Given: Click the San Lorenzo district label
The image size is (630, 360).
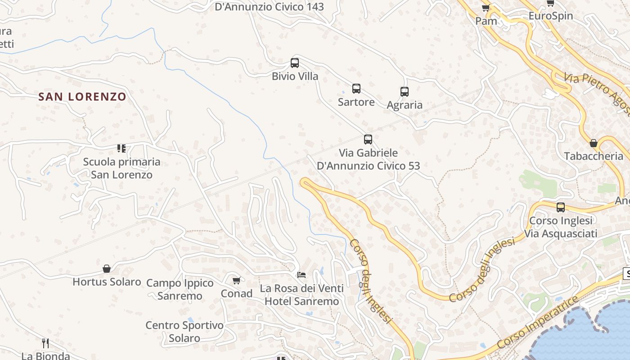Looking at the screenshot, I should tap(82, 97).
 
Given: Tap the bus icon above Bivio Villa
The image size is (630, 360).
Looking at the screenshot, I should tap(295, 63).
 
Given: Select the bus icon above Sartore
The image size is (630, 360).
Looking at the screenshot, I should tap(356, 89).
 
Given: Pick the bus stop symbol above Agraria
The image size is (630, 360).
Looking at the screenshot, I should tap(405, 92).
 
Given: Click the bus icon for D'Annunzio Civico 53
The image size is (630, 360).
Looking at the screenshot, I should tap(368, 139).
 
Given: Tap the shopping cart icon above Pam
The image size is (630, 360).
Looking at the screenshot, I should tap(486, 8).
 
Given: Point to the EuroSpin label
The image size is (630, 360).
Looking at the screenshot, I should tap(550, 16).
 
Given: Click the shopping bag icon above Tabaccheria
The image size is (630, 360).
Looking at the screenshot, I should tap(594, 143).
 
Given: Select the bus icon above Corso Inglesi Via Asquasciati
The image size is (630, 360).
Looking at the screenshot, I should tap(561, 207).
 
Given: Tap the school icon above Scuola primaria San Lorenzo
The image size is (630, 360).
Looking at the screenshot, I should tap(121, 148).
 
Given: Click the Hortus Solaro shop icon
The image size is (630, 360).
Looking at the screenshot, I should tap(107, 269).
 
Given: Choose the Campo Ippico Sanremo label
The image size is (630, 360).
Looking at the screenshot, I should tap(180, 289).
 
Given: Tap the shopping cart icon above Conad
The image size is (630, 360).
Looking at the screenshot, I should tap(236, 281).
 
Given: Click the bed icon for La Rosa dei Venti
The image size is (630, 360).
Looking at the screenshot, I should tap(301, 274).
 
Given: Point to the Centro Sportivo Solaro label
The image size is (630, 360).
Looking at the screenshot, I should tap(184, 332).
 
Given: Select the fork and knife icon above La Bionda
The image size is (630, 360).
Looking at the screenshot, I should tap(45, 343).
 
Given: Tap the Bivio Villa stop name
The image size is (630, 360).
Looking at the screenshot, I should tap(295, 76).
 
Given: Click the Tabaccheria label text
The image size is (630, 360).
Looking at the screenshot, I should tap(594, 156).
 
